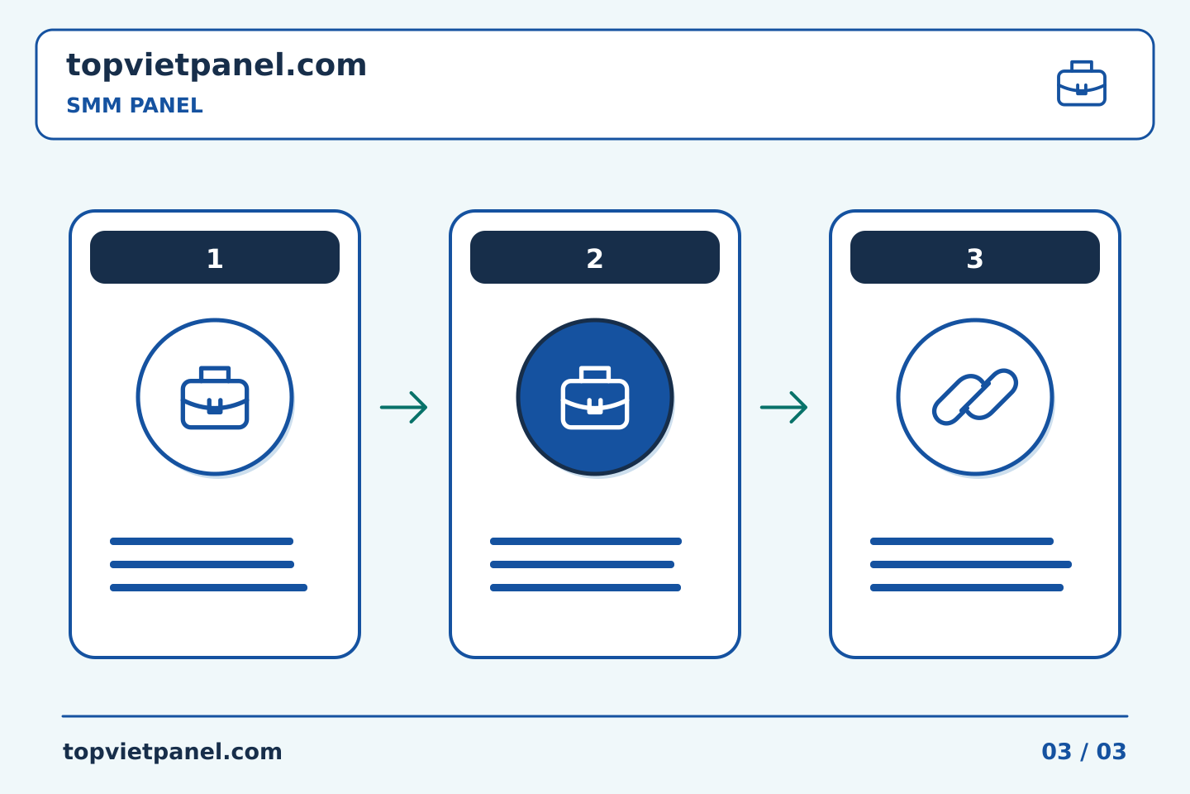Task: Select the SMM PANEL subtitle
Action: point(135,106)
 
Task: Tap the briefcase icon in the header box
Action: point(1082,84)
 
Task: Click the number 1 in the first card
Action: point(215,259)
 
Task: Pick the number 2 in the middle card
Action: point(594,259)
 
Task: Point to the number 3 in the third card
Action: point(975,259)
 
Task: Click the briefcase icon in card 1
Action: point(215,397)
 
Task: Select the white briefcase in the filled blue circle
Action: point(595,397)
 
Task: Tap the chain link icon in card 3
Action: point(975,397)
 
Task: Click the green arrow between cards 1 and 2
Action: point(404,408)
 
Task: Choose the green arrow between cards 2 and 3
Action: point(783,408)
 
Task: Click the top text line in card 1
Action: point(202,542)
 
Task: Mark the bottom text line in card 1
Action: point(208,588)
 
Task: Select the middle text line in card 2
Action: point(582,564)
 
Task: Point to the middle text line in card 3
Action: point(970,564)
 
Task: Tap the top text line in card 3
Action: point(962,542)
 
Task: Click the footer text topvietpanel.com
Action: point(172,752)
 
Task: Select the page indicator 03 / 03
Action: point(1083,752)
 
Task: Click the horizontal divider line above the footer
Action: point(595,716)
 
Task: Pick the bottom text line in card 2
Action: point(585,588)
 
